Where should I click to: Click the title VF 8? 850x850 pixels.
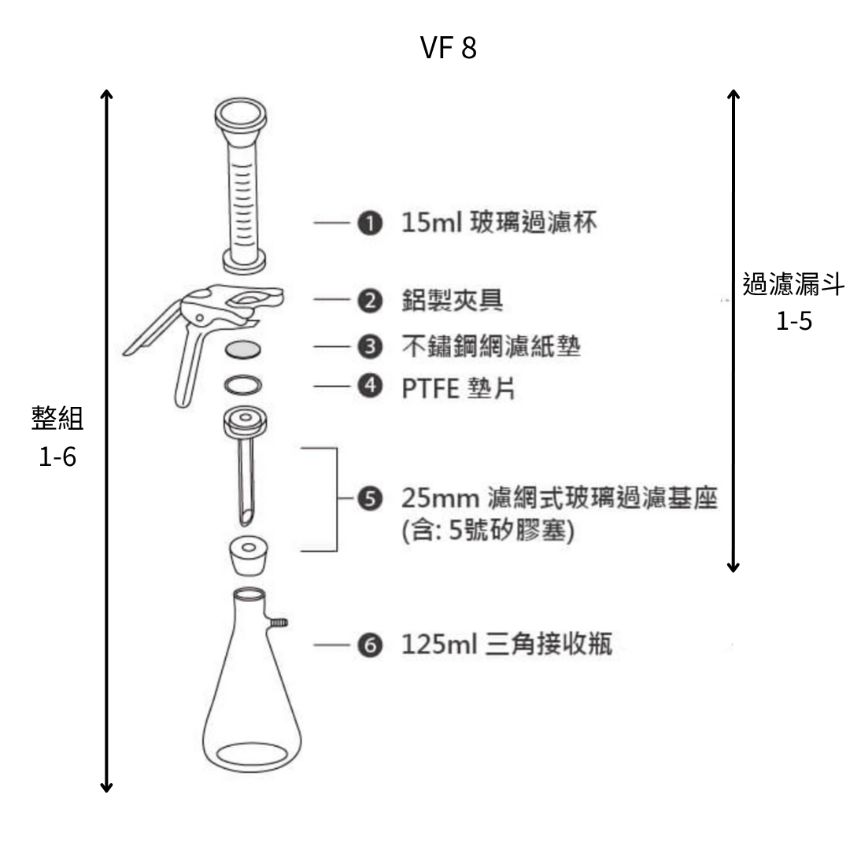[449, 49]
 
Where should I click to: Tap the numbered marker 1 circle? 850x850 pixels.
[368, 224]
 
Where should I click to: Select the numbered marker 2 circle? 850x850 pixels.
[368, 300]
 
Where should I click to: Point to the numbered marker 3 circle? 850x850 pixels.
[368, 346]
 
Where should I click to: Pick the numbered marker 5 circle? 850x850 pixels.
[368, 498]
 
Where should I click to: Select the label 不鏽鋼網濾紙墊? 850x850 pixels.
[491, 346]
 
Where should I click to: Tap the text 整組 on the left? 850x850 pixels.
[57, 419]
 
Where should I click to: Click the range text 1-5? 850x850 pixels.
[793, 322]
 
